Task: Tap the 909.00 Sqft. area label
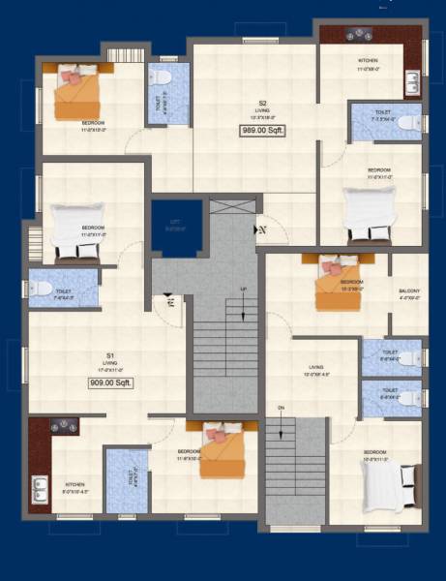point(111,382)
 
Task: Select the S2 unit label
point(262,103)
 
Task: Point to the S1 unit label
point(111,356)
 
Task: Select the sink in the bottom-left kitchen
point(40,489)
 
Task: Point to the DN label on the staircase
point(281,408)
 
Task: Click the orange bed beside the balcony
point(337,282)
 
